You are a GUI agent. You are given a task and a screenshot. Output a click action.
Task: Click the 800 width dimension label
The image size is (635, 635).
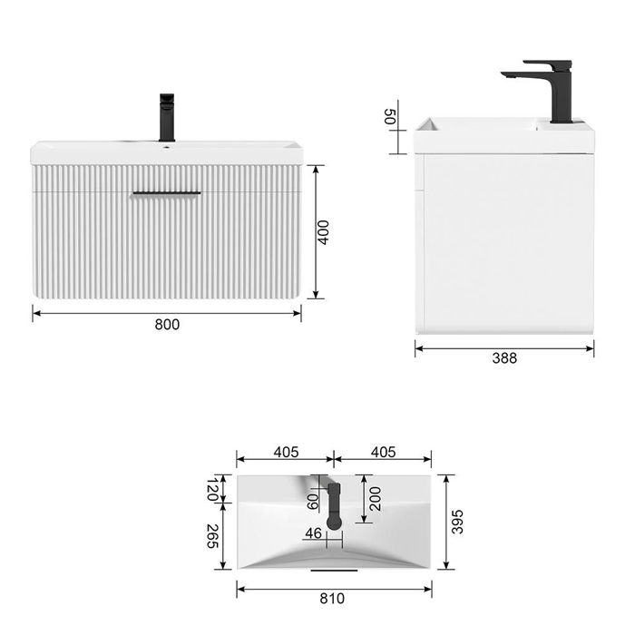pos(167,325)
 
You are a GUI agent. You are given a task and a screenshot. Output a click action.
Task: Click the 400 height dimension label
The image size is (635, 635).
pos(323,232)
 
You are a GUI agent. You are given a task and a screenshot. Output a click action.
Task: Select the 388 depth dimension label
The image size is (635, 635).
pos(504,358)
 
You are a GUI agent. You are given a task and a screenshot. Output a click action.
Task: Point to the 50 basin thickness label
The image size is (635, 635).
pos(389,117)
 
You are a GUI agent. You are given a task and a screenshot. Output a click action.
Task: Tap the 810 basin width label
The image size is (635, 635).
pos(332,598)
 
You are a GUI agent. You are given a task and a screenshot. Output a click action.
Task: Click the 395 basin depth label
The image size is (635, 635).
pos(457,522)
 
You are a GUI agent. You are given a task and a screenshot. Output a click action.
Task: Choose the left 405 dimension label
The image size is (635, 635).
pos(286,452)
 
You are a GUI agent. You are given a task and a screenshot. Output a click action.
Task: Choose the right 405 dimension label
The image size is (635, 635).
pos(383,452)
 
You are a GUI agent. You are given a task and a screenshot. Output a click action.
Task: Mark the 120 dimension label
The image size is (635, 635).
pos(212,489)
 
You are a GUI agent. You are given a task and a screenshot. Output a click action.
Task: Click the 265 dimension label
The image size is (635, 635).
pos(212,536)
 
